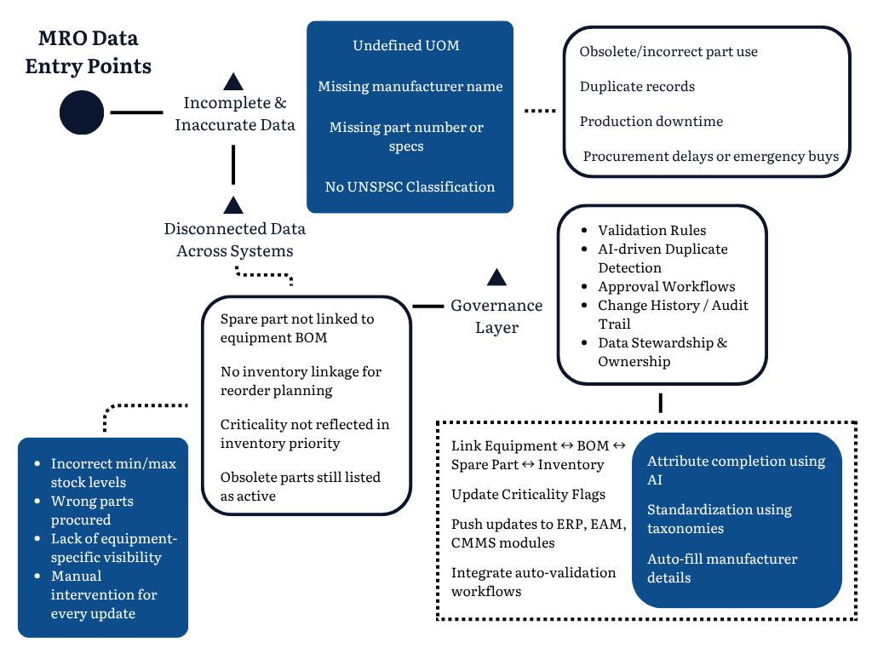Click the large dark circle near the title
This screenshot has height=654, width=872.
(82, 112)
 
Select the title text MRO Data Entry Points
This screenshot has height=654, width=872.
(89, 52)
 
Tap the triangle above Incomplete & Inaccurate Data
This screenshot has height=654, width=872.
(232, 82)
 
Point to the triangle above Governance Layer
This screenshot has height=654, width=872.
(496, 277)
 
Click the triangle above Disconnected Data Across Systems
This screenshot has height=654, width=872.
(232, 205)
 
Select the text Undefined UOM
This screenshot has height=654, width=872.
(406, 46)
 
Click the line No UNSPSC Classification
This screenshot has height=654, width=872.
(410, 186)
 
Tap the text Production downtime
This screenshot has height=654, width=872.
(651, 122)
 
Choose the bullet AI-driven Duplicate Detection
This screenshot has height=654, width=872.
(663, 258)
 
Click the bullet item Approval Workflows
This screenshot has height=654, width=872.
(666, 287)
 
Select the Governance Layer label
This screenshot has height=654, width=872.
(496, 316)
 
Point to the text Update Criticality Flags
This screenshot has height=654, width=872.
(528, 495)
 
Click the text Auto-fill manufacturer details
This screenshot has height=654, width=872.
(722, 568)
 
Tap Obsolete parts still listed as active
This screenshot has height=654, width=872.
(300, 486)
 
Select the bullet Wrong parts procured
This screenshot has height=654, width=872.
(92, 510)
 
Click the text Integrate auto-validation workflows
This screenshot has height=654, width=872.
(533, 582)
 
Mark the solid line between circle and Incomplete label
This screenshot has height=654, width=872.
(136, 112)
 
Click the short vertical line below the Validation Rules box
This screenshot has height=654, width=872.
(661, 402)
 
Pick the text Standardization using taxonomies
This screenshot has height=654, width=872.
(720, 519)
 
